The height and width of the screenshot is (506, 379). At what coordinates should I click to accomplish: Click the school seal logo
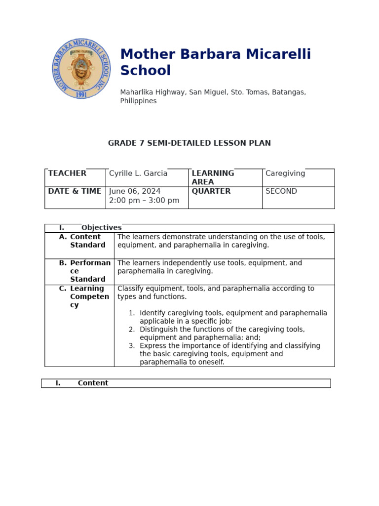81,68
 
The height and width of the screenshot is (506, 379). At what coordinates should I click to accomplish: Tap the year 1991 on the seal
81,94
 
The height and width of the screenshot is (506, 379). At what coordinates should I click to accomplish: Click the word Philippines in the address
138,101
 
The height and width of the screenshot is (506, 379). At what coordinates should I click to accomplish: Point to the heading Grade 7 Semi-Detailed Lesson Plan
189,143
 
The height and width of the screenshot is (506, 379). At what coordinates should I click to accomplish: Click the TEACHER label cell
67,173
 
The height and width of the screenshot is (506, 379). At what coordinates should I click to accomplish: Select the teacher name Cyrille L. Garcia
138,173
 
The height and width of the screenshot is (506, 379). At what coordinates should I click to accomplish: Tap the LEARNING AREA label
213,177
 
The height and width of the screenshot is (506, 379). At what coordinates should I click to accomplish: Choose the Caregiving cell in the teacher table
285,173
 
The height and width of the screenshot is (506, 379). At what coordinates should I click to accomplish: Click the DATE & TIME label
75,191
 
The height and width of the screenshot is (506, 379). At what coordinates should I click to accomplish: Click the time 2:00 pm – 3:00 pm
144,201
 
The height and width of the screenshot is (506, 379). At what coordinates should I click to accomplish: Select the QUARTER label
211,191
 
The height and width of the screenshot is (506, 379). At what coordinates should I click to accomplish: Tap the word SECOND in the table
281,191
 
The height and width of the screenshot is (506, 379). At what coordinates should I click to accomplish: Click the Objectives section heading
101,228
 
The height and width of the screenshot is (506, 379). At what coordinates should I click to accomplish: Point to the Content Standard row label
87,241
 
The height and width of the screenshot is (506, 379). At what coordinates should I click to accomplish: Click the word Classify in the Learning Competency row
131,289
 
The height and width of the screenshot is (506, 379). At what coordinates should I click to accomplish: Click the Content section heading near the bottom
93,383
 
